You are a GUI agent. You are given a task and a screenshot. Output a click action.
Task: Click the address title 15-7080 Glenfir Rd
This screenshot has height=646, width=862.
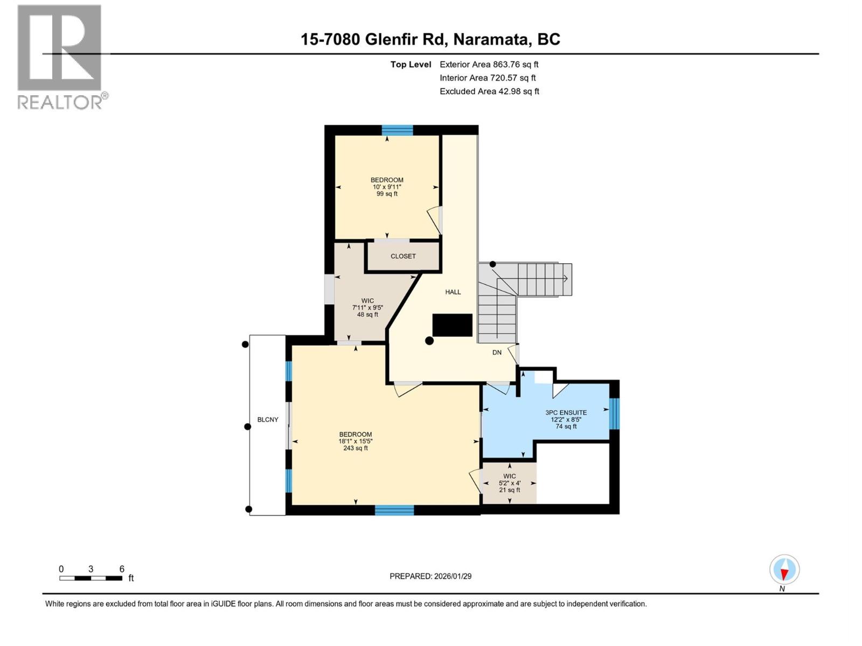click(430, 39)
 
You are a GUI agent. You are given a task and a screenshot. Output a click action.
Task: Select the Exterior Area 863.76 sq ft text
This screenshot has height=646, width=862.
click(489, 64)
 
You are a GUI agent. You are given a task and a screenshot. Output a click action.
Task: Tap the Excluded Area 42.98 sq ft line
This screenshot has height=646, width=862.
click(489, 91)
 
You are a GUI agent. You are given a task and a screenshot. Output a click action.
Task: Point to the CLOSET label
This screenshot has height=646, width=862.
click(403, 256)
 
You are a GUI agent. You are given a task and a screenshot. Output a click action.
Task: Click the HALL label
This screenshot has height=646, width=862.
click(453, 292)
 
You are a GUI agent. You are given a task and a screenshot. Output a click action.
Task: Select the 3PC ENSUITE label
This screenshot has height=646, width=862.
click(566, 412)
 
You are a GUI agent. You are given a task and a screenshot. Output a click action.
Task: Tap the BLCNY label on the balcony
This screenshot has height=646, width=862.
click(268, 419)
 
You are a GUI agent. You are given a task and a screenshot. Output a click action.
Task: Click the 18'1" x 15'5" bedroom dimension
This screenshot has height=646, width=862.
click(356, 441)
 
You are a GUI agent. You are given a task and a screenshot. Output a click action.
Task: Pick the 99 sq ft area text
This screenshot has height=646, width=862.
click(387, 194)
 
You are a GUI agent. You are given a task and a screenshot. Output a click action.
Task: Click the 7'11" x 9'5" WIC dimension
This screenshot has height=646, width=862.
click(367, 308)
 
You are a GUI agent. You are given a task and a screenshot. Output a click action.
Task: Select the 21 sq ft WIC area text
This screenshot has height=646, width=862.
click(509, 490)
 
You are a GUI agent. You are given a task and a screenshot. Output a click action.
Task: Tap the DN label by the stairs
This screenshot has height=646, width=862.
click(497, 353)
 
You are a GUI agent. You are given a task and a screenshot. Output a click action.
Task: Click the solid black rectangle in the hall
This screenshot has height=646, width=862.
click(453, 326)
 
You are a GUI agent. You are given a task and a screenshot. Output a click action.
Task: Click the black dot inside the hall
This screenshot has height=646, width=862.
click(429, 341)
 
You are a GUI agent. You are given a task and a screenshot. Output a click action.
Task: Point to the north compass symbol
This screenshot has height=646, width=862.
click(784, 570)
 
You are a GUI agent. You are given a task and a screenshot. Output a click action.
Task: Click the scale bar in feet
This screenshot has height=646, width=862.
click(91, 578)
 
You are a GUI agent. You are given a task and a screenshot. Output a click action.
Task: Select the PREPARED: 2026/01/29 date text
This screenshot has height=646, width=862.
click(430, 576)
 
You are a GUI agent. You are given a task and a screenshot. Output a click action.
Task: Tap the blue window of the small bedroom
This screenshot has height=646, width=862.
click(398, 130)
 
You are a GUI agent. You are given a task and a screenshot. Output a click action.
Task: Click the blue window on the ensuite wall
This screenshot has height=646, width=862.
click(614, 413)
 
